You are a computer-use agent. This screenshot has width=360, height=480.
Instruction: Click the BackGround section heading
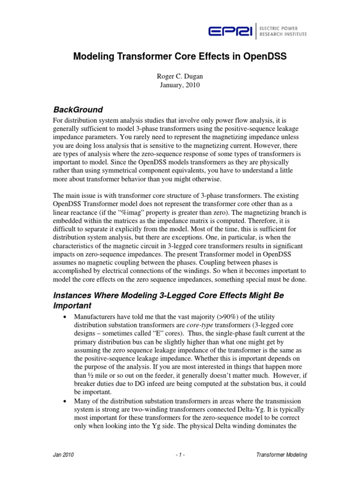pyautogui.click(x=79, y=110)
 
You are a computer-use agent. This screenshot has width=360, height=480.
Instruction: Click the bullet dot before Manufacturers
pyautogui.click(x=64, y=317)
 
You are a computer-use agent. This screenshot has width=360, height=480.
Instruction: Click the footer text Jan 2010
pyautogui.click(x=63, y=455)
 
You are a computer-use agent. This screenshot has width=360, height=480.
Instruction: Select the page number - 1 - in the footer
pyautogui.click(x=180, y=455)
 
